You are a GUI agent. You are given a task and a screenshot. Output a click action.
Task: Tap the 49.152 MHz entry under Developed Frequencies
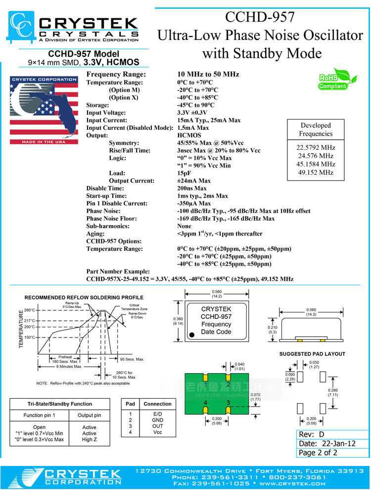click(x=316, y=173)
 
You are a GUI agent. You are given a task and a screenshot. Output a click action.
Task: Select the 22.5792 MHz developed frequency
click(x=316, y=148)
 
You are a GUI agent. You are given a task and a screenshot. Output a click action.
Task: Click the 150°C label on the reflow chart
click(x=30, y=338)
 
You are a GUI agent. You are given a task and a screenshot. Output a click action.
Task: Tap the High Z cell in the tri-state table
click(x=90, y=439)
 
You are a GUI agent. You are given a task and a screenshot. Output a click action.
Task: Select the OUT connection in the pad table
click(x=157, y=426)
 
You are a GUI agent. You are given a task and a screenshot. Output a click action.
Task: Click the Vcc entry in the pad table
click(x=157, y=432)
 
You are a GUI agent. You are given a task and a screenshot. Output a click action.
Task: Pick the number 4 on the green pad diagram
click(x=205, y=403)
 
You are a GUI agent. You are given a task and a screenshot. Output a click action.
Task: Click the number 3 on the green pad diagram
click(x=228, y=403)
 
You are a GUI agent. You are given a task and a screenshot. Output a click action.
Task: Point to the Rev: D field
click(x=312, y=434)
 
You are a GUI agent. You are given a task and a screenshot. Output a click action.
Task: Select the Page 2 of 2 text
click(x=318, y=452)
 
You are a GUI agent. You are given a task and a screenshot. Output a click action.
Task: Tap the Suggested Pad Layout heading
click(x=312, y=354)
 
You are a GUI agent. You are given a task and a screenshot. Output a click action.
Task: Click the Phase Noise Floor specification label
click(x=111, y=219)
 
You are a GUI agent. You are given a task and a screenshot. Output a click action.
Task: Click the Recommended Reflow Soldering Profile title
click(x=84, y=298)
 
